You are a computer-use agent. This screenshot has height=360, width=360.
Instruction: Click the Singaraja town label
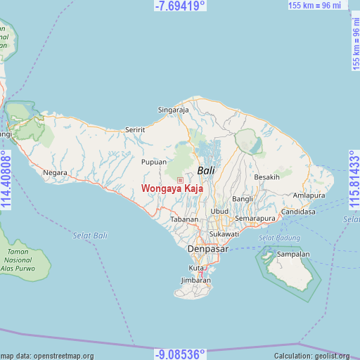(173, 110)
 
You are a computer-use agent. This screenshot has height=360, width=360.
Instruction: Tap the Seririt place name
(134, 130)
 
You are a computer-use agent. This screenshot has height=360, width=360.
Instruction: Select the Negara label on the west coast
(55, 172)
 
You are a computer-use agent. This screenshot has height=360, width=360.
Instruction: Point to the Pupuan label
(154, 162)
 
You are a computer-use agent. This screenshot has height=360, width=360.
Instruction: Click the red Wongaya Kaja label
(172, 188)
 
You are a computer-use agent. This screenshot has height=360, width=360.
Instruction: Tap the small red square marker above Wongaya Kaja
(180, 180)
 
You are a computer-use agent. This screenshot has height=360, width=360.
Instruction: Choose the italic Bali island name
(206, 170)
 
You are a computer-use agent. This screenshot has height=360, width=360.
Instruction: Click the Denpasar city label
(207, 250)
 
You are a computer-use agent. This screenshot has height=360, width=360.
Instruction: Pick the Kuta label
(195, 268)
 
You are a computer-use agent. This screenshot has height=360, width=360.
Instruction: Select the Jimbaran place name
(195, 280)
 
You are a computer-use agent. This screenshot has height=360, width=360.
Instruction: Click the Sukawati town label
(224, 233)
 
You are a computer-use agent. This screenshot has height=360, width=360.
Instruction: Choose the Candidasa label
(298, 212)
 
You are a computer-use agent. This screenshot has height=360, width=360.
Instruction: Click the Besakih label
(266, 177)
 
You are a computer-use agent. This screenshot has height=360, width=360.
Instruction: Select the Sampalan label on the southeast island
(294, 254)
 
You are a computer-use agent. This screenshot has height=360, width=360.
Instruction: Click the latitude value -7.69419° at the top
(180, 6)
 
